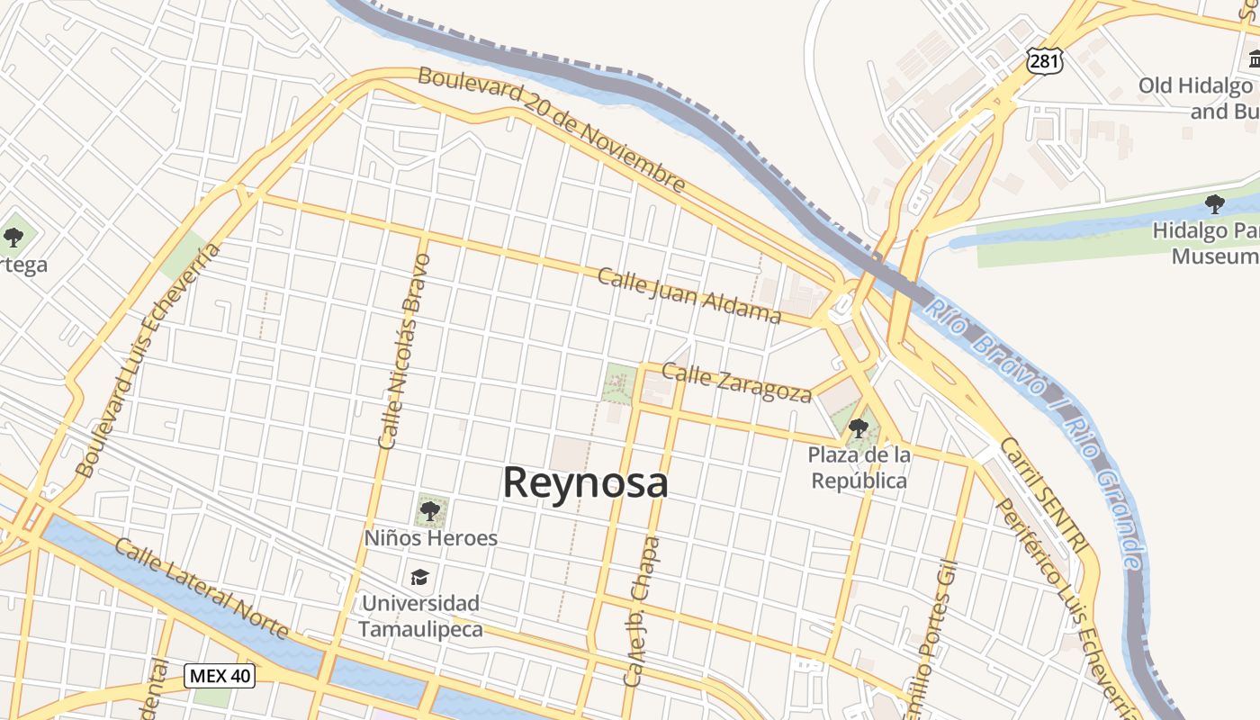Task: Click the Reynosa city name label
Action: (x=585, y=483)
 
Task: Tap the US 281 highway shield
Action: (x=1044, y=61)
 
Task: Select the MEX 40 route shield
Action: (x=220, y=675)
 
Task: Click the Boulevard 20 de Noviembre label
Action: (x=552, y=129)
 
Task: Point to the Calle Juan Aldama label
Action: (x=689, y=294)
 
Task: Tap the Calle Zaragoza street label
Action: (x=736, y=382)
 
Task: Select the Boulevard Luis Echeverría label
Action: (x=148, y=360)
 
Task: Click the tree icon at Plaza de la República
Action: (x=859, y=427)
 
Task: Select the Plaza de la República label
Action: (x=859, y=468)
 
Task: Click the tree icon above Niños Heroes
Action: (x=430, y=511)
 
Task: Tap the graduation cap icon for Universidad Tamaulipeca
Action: (x=419, y=576)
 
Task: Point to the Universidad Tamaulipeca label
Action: (x=420, y=616)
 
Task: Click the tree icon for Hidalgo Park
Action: (x=1214, y=203)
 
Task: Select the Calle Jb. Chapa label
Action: (x=641, y=612)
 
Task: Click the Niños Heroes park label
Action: (x=430, y=538)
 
